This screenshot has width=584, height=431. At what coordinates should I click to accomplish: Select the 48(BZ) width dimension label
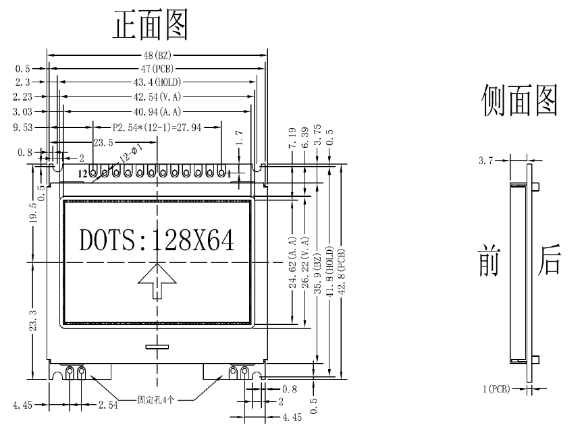157,55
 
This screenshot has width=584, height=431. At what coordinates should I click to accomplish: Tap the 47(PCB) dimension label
157,68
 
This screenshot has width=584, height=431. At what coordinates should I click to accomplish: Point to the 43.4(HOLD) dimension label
157,82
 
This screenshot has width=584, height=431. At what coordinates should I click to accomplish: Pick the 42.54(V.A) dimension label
157,96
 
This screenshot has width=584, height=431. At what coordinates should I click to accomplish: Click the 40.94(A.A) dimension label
157,111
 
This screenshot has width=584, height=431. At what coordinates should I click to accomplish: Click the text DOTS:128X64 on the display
157,239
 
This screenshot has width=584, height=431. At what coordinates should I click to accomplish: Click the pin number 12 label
82,173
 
